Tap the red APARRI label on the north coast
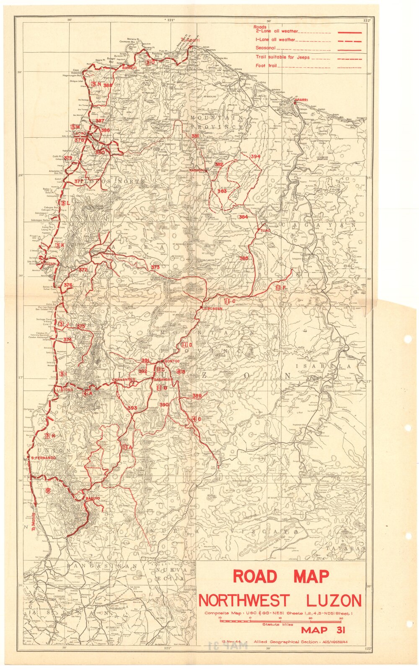(x=301, y=100)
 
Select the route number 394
(x=255, y=156)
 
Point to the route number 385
(x=243, y=258)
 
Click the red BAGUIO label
(x=92, y=498)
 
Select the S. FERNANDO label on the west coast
(x=43, y=458)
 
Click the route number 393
(x=132, y=408)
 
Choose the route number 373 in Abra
(x=155, y=267)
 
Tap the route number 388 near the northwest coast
(x=108, y=85)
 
